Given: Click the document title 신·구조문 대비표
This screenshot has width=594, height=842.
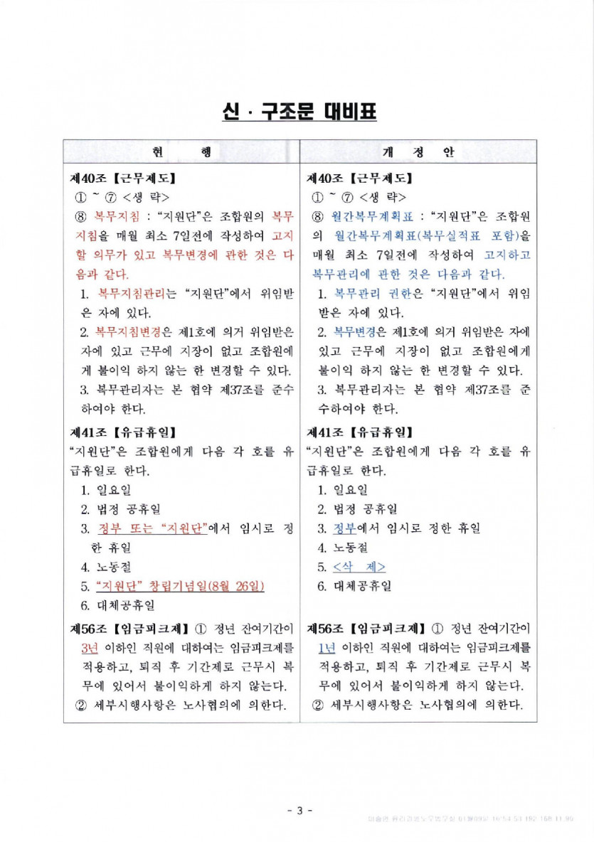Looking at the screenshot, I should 297,112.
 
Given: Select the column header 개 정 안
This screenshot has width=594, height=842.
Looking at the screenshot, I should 418,153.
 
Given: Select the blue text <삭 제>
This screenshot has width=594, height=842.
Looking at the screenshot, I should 359,567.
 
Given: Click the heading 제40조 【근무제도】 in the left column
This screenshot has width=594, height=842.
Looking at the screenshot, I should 122,176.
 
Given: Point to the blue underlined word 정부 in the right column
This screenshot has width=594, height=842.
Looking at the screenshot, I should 346,528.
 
